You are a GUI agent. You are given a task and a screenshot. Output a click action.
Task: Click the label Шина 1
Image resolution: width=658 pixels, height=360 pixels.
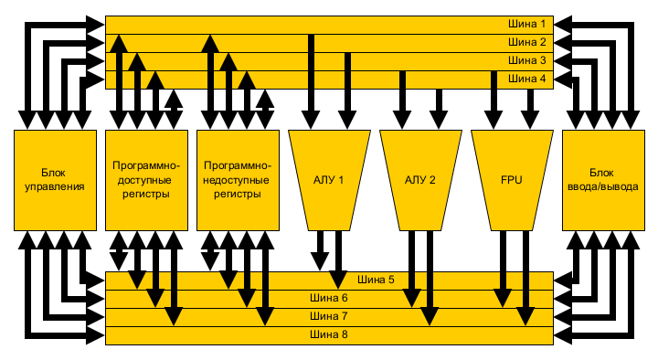pos(527,24)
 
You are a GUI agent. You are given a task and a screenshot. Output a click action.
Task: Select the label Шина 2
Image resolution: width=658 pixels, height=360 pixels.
pos(527,42)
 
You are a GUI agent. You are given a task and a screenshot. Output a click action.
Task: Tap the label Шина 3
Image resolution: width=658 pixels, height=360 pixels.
pos(527,60)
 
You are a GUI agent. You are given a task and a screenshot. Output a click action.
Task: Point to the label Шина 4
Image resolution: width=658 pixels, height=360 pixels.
pos(527,79)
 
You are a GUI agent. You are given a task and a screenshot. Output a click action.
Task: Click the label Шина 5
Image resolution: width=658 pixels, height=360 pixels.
pos(376,280)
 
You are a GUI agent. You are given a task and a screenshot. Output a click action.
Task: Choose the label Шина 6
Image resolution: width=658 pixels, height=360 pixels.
pos(330,298)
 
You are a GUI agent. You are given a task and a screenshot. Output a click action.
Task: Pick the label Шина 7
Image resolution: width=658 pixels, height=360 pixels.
pos(330,316)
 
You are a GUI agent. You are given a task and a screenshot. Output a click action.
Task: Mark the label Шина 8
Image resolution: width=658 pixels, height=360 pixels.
pos(330,334)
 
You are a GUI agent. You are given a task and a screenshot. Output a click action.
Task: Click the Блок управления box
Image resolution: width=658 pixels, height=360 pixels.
pos(56,179)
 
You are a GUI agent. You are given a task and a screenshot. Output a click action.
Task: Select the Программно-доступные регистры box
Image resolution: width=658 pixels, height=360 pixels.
pos(146,179)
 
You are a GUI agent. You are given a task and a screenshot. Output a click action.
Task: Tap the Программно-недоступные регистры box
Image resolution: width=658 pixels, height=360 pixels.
pos(238,179)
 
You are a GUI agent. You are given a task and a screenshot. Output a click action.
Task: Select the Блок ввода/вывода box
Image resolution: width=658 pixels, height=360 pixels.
pos(602,179)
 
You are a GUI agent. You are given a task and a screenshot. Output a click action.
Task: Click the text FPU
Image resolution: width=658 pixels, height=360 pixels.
pos(512,180)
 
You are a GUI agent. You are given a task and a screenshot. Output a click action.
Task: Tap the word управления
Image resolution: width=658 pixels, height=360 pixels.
pos(56,186)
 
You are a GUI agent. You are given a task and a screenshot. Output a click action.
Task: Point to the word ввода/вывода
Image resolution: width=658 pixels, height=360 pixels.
pos(602,186)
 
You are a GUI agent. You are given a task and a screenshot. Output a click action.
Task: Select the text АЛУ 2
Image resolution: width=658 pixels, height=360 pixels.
pos(420,180)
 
